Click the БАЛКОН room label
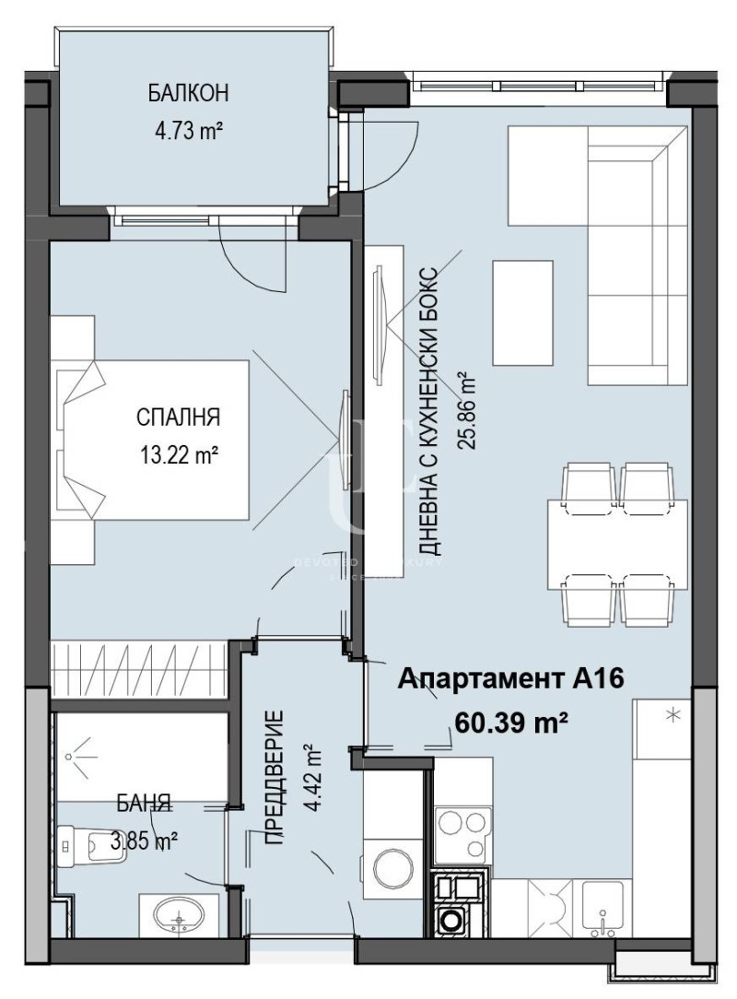[x=189, y=94]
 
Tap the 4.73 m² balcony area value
[x=189, y=130]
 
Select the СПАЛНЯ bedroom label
[x=178, y=417]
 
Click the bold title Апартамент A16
[x=511, y=679]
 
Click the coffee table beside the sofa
[x=523, y=311]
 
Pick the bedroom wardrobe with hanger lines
[x=143, y=663]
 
